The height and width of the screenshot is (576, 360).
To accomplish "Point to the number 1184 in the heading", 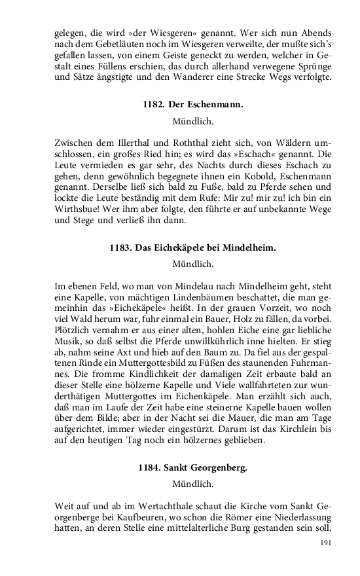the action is [x=149, y=468].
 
